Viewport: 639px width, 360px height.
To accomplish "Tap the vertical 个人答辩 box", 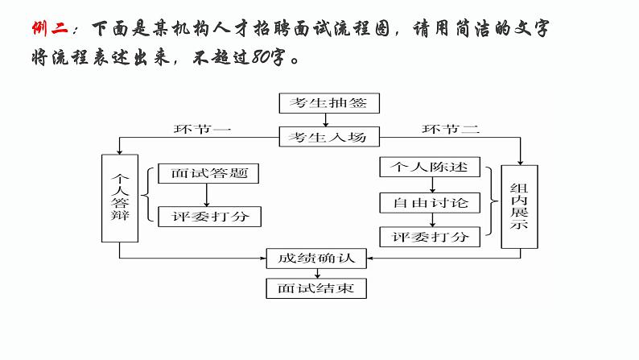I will (x=120, y=198).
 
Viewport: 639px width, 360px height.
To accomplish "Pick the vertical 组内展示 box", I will (x=519, y=205).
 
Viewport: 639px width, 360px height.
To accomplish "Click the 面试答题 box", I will (x=208, y=173).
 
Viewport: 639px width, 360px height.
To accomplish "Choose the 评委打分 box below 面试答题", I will (x=208, y=217).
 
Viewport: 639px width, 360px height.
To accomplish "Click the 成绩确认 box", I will (x=316, y=259).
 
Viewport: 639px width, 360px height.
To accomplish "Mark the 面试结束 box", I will (x=316, y=288).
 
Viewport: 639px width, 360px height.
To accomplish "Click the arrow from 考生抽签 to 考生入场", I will (x=324, y=120).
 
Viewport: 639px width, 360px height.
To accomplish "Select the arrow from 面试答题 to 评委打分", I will (x=207, y=195).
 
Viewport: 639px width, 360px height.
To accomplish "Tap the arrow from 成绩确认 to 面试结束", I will (x=316, y=274).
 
